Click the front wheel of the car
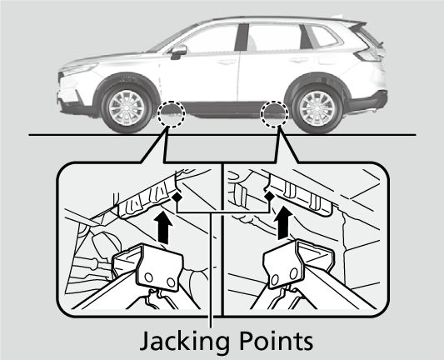tap(127, 107)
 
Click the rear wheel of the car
tap(317, 107)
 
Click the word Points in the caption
tap(276, 340)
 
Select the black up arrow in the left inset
tap(163, 228)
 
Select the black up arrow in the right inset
tap(284, 222)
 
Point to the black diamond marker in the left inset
tap(177, 197)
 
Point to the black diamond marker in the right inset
tap(269, 196)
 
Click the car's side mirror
tap(178, 52)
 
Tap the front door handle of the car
tap(227, 62)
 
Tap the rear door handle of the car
tap(299, 60)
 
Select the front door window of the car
tap(210, 39)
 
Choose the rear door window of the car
tap(275, 37)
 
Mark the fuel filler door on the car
tap(327, 59)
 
